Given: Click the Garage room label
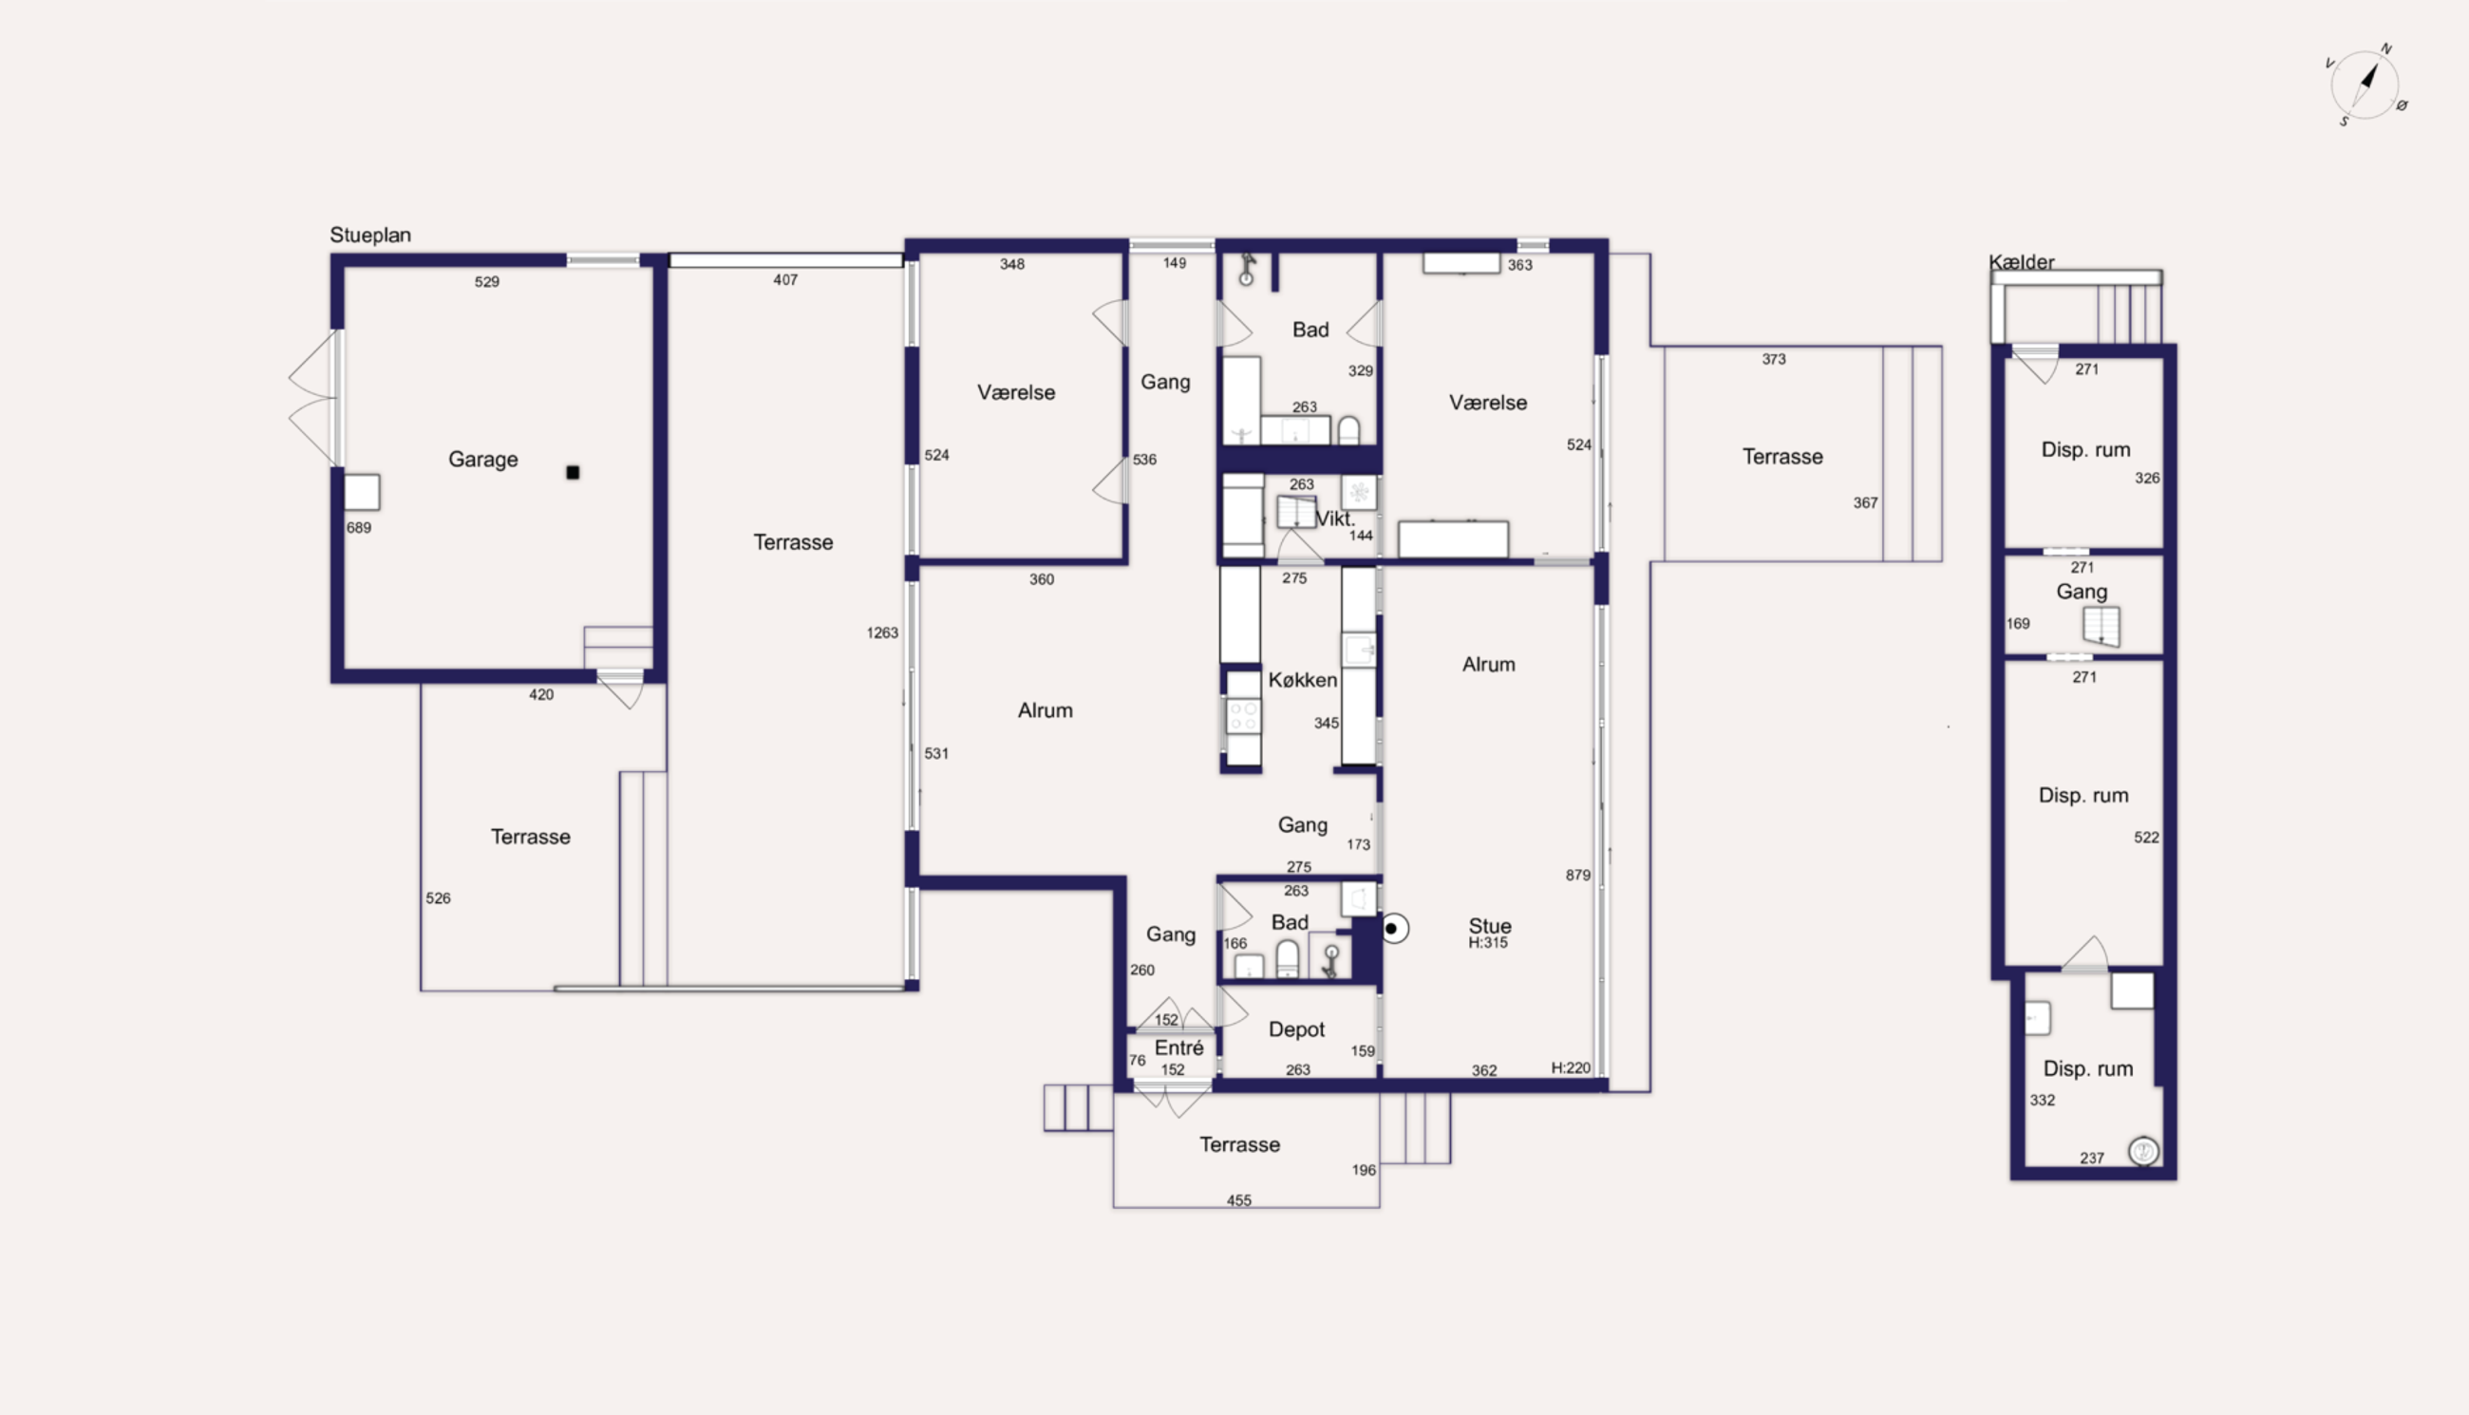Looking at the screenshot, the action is tap(483, 460).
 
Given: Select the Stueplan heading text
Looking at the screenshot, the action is tap(370, 236).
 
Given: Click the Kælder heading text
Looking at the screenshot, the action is tap(2021, 261).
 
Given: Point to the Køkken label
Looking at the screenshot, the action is tap(1302, 680).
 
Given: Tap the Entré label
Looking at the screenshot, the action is tap(1178, 1047).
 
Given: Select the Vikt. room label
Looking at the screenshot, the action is tap(1335, 519).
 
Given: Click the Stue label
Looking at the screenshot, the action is tap(1490, 926).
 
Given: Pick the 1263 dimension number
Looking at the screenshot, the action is tap(882, 633).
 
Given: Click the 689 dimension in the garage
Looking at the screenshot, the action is tap(359, 528).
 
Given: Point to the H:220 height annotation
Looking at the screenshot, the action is tap(1571, 1068).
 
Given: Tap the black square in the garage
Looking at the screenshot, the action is tap(574, 472).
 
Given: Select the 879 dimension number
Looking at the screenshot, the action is tap(1578, 876).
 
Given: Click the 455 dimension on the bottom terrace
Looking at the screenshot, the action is tap(1239, 1201).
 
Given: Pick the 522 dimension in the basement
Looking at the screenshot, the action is tap(2146, 838).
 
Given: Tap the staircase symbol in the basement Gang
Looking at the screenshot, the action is tap(2101, 627).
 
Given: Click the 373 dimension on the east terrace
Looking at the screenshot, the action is tap(1774, 360).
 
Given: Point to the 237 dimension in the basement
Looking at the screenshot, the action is tap(2092, 1159).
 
